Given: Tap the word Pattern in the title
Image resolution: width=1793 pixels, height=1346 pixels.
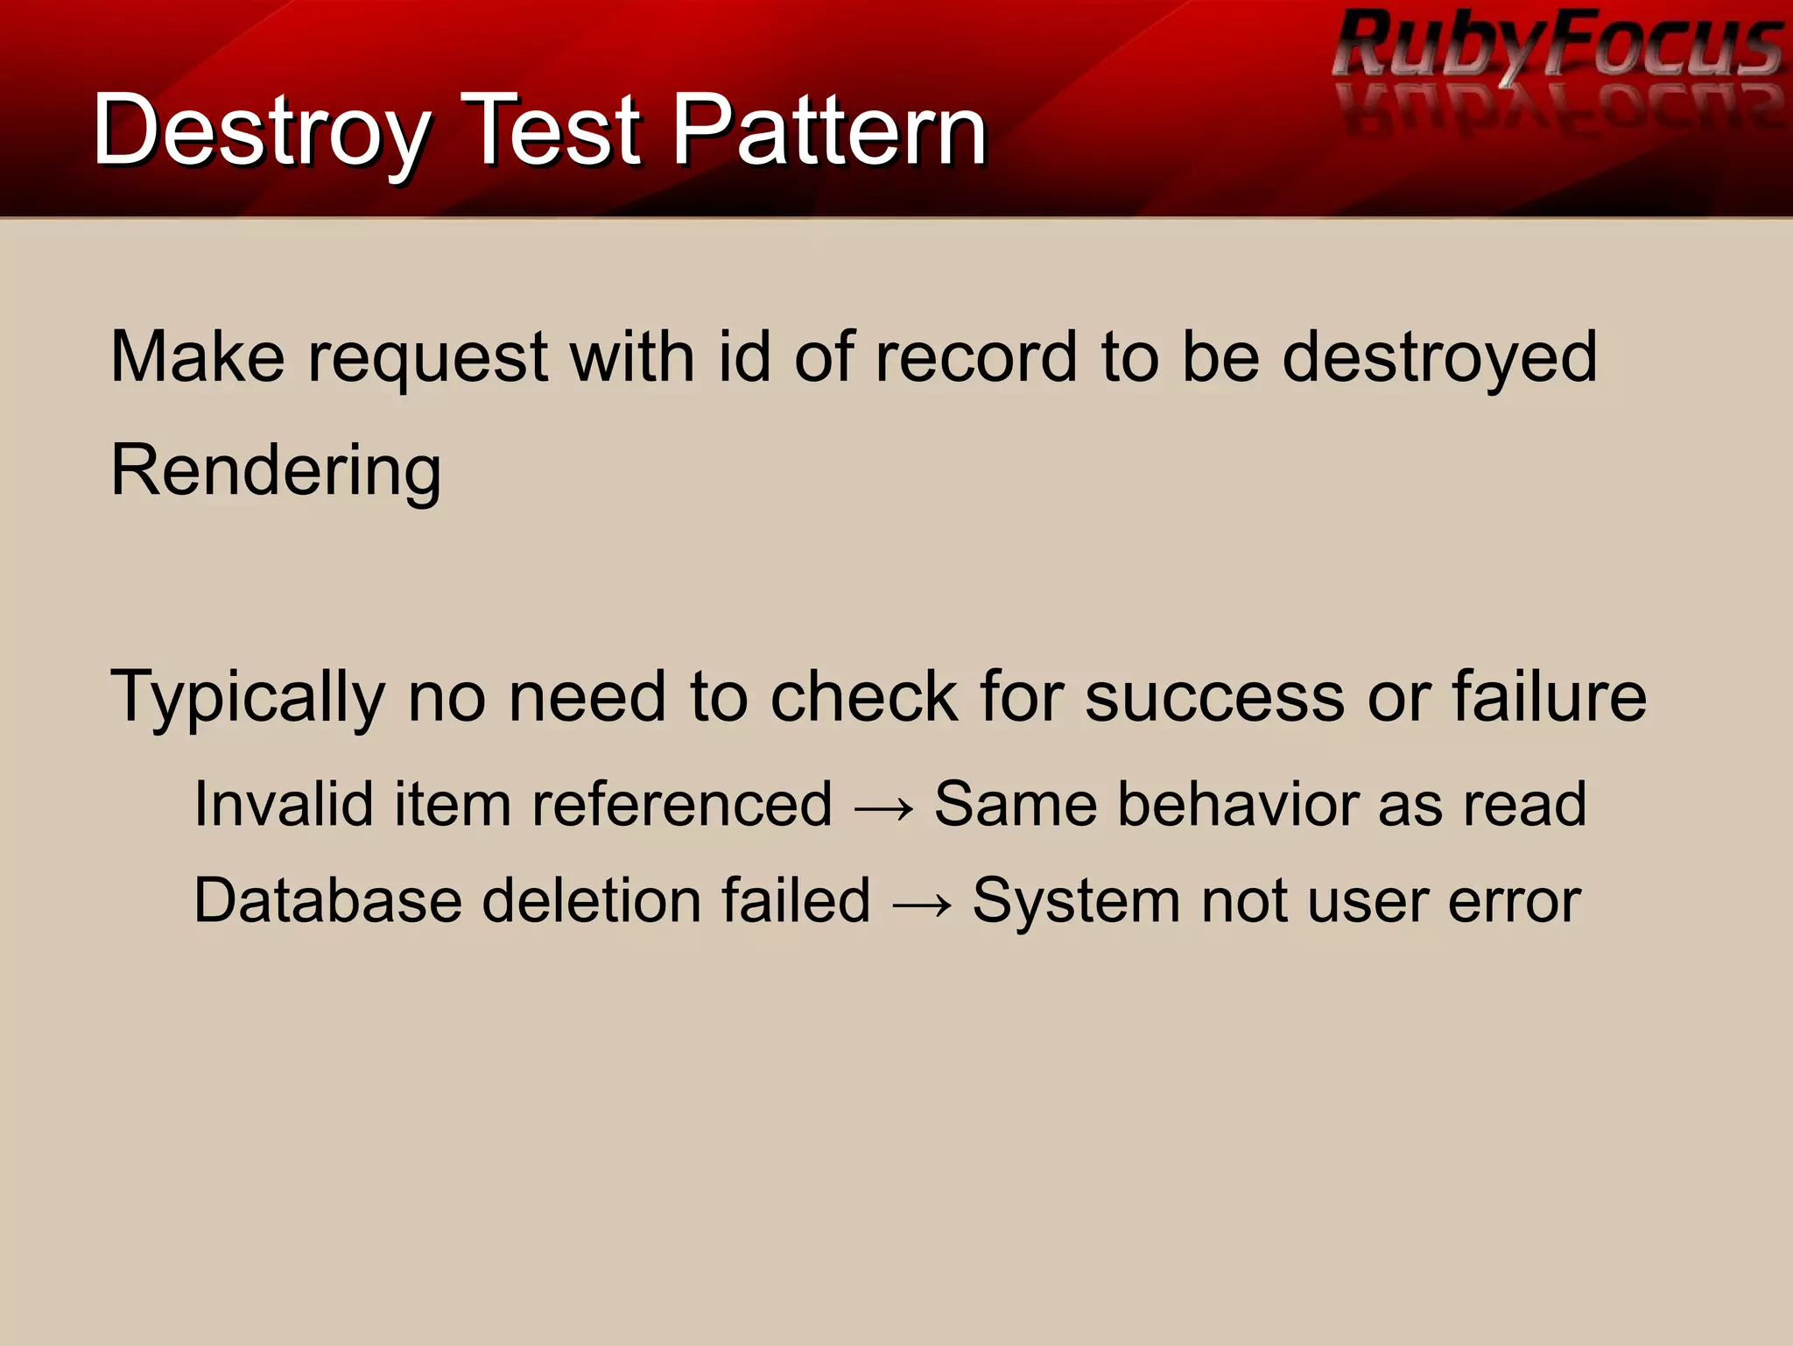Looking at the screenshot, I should [x=829, y=131].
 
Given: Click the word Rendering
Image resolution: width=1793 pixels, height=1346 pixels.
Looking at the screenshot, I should [x=276, y=470].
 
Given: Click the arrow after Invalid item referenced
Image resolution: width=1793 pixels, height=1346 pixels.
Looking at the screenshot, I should [x=883, y=807].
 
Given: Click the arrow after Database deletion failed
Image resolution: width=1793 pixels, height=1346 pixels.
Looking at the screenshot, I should [x=922, y=903].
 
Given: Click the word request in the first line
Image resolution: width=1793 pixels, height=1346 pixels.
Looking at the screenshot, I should [x=427, y=359].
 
